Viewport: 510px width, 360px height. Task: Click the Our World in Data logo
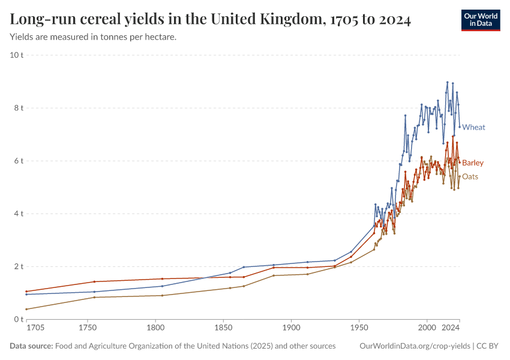tap(480, 20)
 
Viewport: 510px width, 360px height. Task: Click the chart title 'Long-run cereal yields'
tap(210, 20)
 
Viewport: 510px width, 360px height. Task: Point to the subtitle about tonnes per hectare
tap(93, 37)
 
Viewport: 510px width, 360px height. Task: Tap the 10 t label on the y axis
tap(17, 55)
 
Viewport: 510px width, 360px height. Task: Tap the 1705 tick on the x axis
tap(35, 329)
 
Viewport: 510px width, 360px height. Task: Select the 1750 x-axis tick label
tap(88, 329)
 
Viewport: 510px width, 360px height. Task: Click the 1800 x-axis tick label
tap(155, 329)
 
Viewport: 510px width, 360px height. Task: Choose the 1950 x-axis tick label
tap(359, 329)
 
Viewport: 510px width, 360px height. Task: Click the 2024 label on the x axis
tap(450, 329)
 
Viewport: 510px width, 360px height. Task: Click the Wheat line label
tap(473, 127)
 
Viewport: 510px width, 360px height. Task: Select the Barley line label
tap(473, 163)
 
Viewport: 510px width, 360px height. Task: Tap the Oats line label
tap(470, 176)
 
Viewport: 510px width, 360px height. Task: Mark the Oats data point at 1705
tap(26, 309)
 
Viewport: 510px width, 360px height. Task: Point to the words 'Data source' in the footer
tap(31, 346)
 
